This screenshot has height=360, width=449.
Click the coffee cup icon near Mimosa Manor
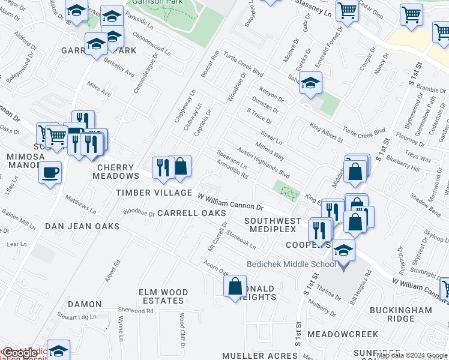pyautogui.click(x=50, y=172)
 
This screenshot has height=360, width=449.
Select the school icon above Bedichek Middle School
pyautogui.click(x=343, y=250)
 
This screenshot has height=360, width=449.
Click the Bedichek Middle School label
pyautogui.click(x=292, y=264)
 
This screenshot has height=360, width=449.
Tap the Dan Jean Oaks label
pyautogui.click(x=82, y=226)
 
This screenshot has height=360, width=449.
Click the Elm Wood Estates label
pyautogui.click(x=163, y=296)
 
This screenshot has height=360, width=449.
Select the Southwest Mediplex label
pyautogui.click(x=270, y=225)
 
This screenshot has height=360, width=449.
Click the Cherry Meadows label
pyautogui.click(x=115, y=172)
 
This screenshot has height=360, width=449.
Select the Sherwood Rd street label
pyautogui.click(x=137, y=311)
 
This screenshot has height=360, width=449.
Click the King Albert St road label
pyautogui.click(x=326, y=133)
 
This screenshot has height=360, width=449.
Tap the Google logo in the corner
pyautogui.click(x=20, y=353)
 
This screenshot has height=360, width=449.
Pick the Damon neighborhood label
pyautogui.click(x=84, y=304)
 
